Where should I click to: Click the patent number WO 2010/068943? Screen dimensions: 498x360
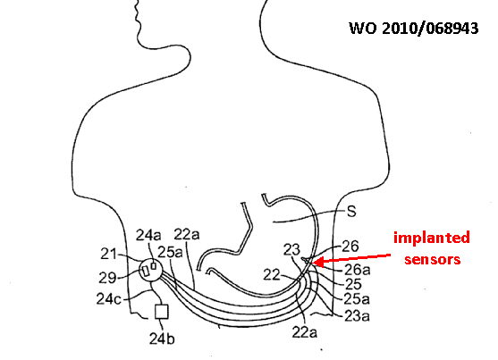point(414,28)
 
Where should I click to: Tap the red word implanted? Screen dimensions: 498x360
point(432,239)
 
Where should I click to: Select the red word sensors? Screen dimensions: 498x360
point(432,259)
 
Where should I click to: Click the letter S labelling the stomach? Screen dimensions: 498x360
point(351,212)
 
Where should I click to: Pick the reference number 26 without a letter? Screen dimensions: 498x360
point(350,247)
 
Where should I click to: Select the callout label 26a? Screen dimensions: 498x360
point(358,270)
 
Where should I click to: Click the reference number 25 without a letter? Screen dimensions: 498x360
point(353,284)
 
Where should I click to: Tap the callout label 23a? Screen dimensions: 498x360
point(357,316)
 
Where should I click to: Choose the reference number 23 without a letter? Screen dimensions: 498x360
point(291,249)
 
